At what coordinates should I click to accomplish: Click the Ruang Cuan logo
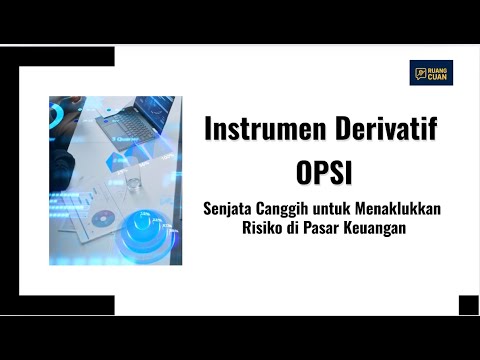[431, 72]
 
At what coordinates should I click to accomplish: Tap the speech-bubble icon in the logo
[419, 72]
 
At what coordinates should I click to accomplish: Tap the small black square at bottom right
[468, 305]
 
